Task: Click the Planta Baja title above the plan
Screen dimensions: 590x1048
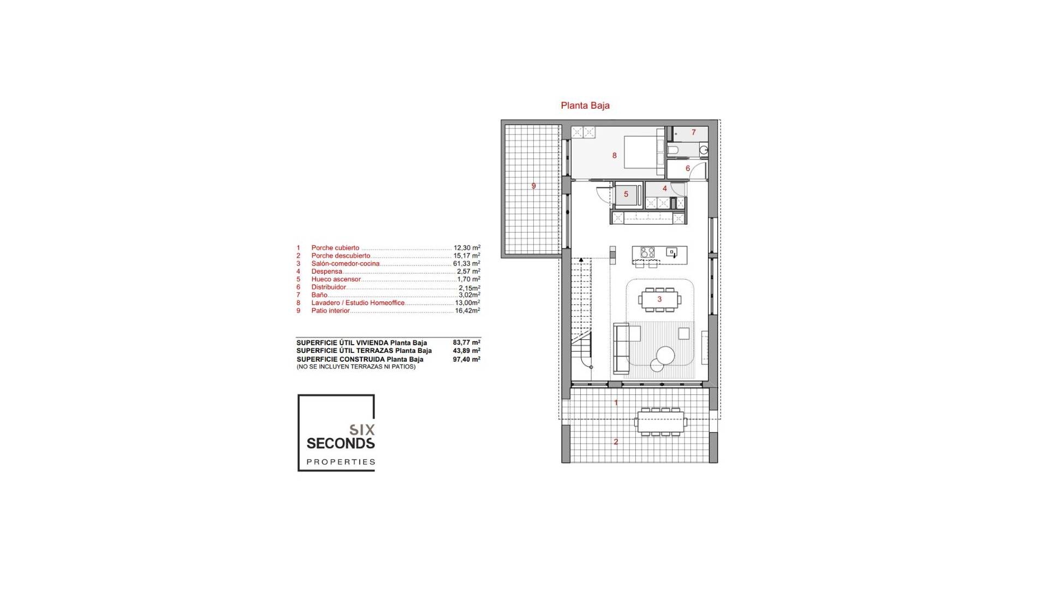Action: point(585,105)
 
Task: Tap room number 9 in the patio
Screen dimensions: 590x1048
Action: point(533,186)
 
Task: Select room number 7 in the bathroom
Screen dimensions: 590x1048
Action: point(694,132)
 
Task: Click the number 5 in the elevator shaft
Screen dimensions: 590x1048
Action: point(626,194)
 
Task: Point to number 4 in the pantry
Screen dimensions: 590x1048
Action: point(664,188)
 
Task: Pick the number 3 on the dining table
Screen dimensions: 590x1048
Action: point(659,299)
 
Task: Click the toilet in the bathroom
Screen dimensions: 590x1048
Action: point(673,150)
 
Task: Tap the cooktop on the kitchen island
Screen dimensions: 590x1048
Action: point(647,252)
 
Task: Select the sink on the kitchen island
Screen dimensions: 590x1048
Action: point(672,252)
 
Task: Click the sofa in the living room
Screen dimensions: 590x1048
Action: point(621,349)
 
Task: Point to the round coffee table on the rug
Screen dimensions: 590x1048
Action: point(665,356)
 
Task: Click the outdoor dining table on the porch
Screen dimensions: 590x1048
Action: point(660,422)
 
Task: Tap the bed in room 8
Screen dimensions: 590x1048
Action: point(643,152)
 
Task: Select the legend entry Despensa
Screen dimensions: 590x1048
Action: point(326,272)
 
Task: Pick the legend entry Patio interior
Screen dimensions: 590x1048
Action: point(330,311)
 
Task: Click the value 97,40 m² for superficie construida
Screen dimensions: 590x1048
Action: point(466,359)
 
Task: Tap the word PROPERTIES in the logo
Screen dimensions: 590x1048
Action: point(341,462)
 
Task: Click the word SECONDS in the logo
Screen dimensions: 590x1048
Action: point(341,443)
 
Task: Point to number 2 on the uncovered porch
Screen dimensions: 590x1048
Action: point(616,442)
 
